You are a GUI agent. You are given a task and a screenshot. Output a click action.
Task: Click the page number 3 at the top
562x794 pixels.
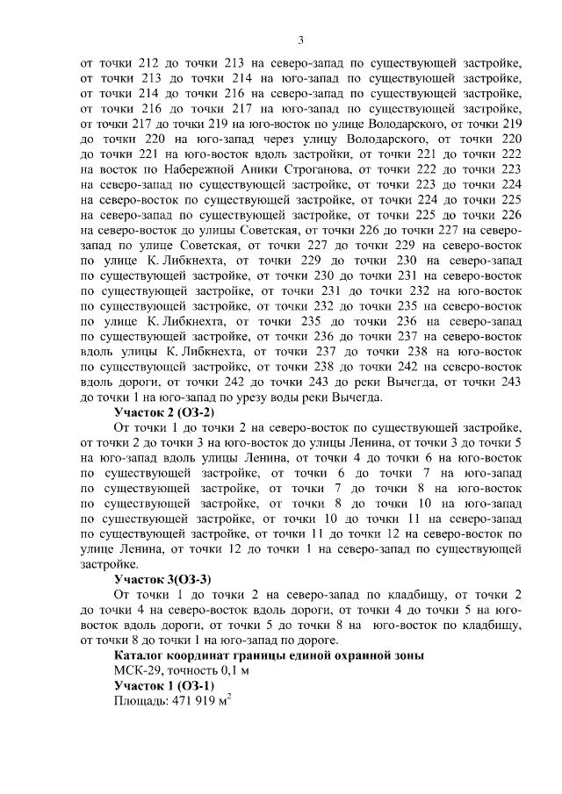pos(300,39)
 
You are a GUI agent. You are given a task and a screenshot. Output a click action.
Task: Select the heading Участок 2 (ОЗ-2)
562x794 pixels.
pos(164,411)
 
